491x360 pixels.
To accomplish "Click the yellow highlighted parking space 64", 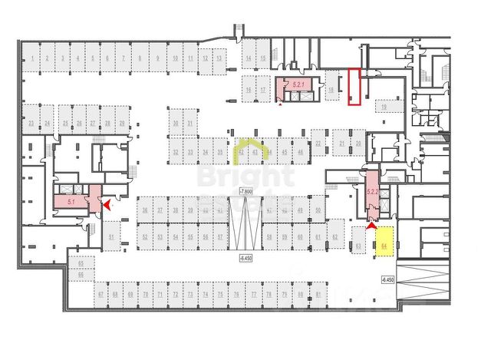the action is coord(384,242).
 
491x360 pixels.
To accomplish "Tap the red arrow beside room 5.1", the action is coord(107,205).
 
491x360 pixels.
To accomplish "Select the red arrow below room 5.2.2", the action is coord(373,224).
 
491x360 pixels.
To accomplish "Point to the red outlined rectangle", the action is coord(354,86).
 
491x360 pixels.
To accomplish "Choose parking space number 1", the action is coord(30,58).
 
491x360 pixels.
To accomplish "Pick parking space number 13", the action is coord(219,58).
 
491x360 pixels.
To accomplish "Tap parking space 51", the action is coord(111,238).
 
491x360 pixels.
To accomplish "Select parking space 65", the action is coord(80,263).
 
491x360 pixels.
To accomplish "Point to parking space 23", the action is coord(31,123).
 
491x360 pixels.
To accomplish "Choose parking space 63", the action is coord(358,246).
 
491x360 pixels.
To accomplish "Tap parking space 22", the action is coord(318,144).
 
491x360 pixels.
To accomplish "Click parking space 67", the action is coord(101,295).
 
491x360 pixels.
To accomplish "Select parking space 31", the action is coord(190,123).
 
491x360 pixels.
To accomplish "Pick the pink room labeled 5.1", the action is coord(71,203).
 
